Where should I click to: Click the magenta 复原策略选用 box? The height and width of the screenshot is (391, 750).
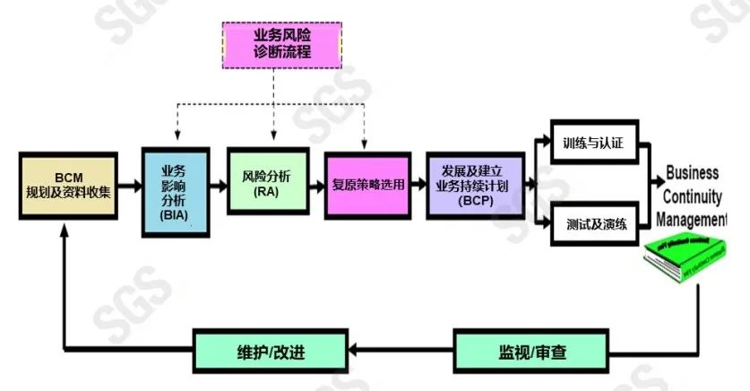pos(366,186)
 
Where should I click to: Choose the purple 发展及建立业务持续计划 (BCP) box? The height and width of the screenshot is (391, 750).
pos(473,186)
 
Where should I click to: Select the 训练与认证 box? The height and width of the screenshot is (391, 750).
pos(592,142)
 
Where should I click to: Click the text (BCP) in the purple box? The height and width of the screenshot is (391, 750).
pos(473,201)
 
